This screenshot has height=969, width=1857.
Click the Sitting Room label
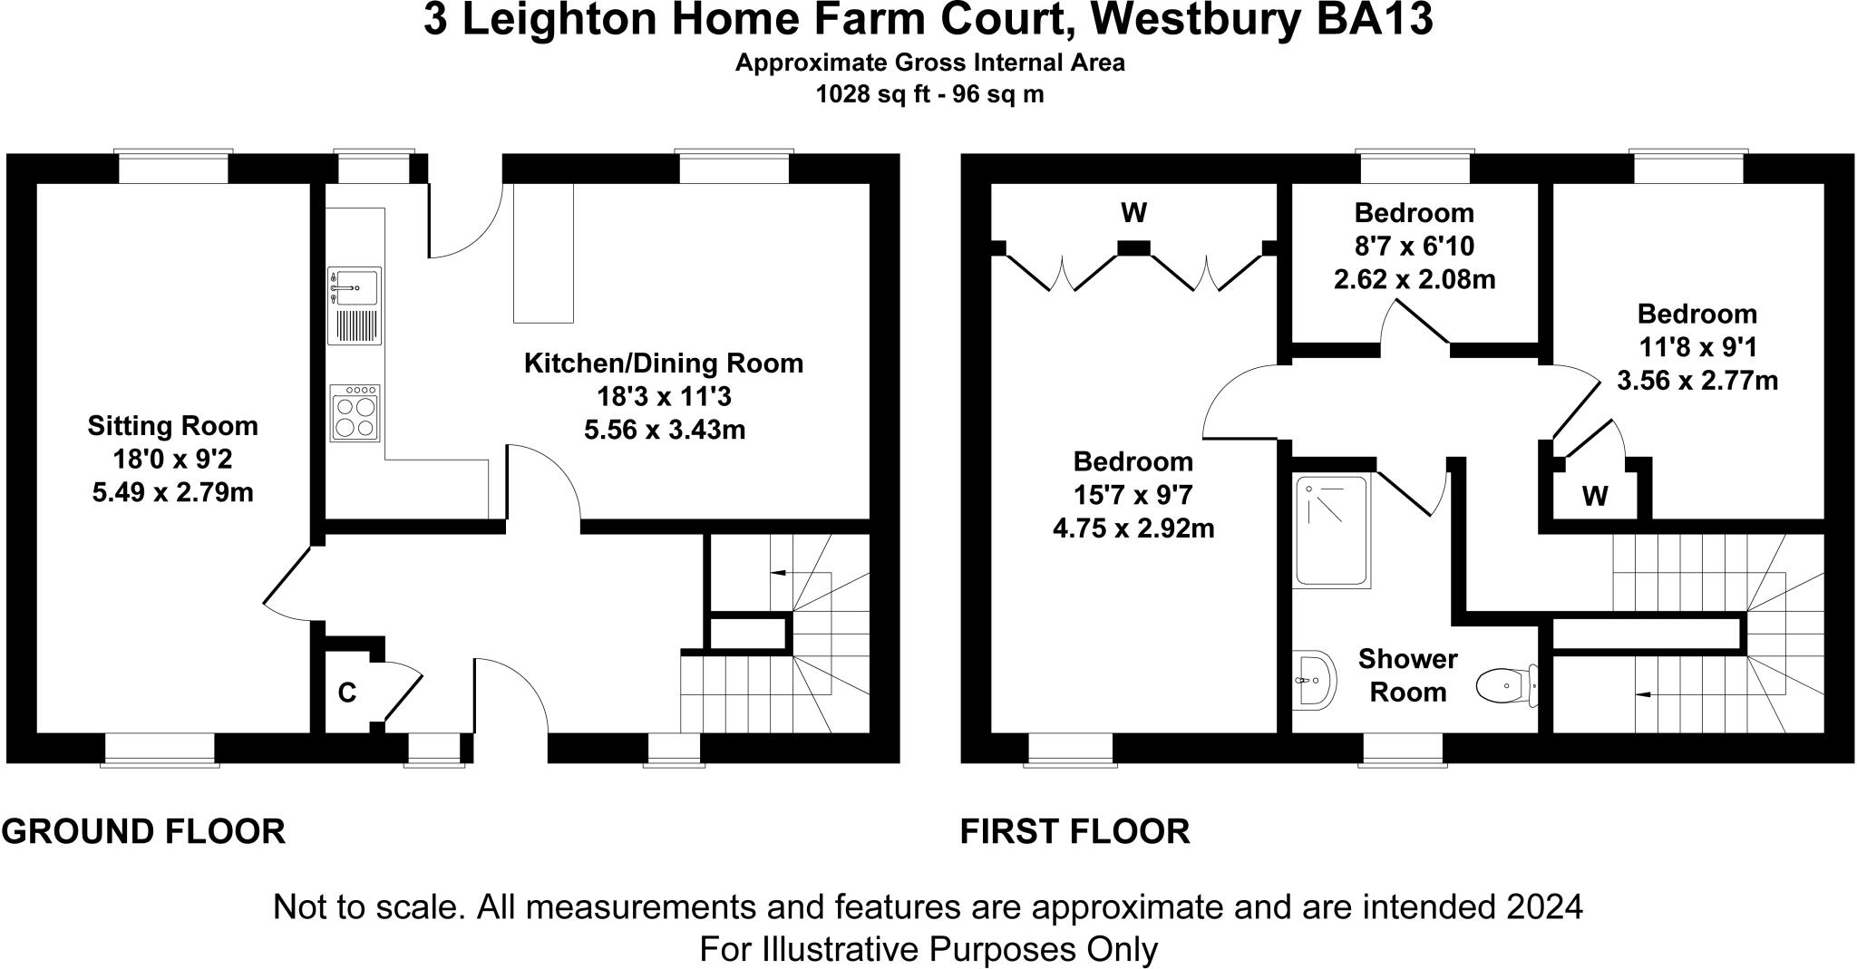(x=172, y=426)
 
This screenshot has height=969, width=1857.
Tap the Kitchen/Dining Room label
(x=664, y=363)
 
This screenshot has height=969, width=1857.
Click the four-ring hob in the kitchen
(x=355, y=413)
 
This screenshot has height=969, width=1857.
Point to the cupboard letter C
(x=347, y=693)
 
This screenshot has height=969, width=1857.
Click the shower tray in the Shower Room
(x=1330, y=530)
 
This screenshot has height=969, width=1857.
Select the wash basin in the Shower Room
(x=1314, y=678)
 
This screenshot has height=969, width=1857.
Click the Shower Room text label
(x=1407, y=675)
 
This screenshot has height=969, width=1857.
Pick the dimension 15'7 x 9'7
(x=1133, y=495)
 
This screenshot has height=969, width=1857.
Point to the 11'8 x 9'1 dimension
(x=1697, y=347)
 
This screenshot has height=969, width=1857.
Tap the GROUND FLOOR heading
(x=143, y=831)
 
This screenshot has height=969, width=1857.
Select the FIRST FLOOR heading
(x=1075, y=831)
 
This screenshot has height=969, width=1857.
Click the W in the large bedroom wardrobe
(x=1134, y=213)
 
